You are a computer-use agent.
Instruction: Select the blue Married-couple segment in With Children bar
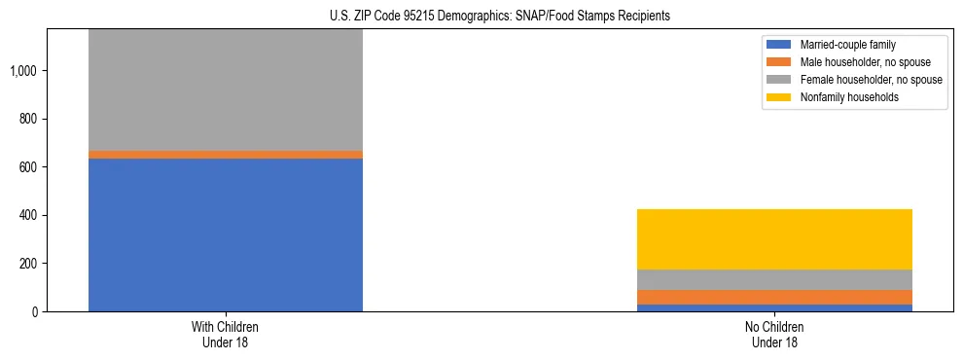point(226,234)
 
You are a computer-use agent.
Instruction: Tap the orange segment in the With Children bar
point(226,155)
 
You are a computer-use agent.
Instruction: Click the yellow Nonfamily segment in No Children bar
point(774,239)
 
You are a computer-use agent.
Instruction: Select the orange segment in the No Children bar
point(774,297)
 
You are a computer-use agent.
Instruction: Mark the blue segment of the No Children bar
point(774,307)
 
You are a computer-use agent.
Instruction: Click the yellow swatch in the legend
point(779,97)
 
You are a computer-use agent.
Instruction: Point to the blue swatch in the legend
point(779,45)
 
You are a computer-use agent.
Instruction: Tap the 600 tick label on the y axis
point(30,167)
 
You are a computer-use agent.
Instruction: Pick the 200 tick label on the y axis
point(30,264)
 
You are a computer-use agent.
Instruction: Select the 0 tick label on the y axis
point(36,311)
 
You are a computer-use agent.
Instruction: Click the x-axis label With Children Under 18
point(226,335)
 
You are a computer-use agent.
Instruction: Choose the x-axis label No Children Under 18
point(774,335)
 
